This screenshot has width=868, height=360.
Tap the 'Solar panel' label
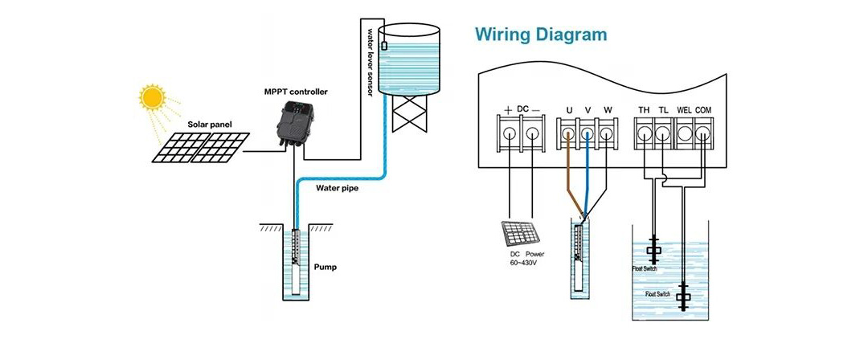tap(209, 125)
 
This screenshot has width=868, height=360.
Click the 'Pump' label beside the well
tap(325, 266)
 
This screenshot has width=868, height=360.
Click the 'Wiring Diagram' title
tap(540, 35)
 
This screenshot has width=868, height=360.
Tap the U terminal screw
tap(569, 132)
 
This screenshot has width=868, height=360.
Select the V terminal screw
tap(588, 132)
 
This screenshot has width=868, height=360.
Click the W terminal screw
tap(608, 132)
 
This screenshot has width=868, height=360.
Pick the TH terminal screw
tap(645, 132)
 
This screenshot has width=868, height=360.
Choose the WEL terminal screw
tap(683, 132)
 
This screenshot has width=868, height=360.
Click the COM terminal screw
tap(702, 132)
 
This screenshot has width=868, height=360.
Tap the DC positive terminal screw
tap(510, 132)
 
